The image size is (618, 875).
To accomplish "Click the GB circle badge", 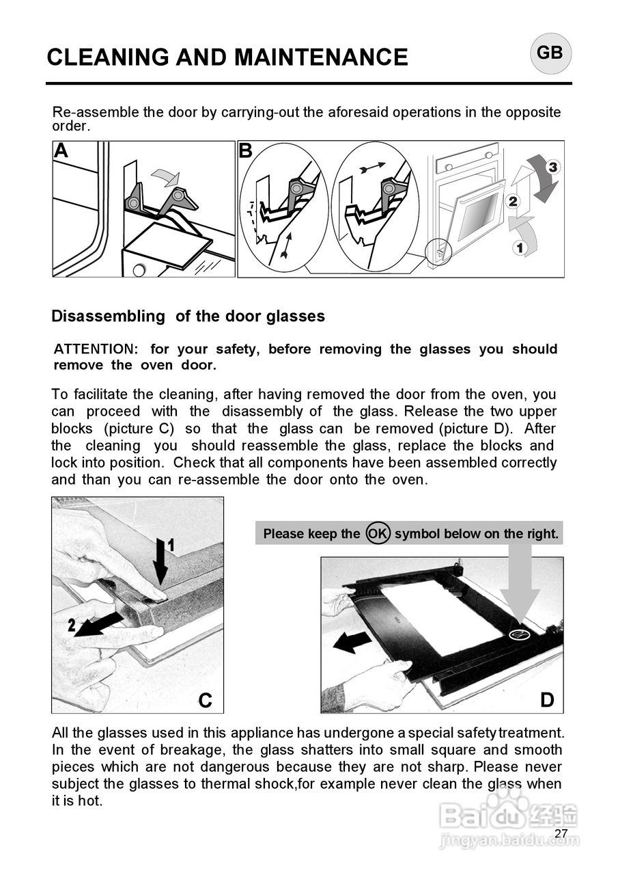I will [550, 53].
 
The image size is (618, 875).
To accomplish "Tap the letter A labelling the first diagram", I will [61, 151].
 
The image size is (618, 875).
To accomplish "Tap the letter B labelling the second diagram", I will [246, 151].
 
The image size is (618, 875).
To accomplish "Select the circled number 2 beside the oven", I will [513, 201].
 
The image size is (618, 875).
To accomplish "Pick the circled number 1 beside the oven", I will [520, 247].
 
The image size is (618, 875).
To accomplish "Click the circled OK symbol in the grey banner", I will [377, 533].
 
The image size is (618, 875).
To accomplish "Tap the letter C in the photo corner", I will [206, 700].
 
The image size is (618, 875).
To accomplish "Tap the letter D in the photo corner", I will [547, 700].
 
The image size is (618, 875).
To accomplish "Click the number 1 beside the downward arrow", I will [171, 545].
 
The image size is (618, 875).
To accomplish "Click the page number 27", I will [561, 833].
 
